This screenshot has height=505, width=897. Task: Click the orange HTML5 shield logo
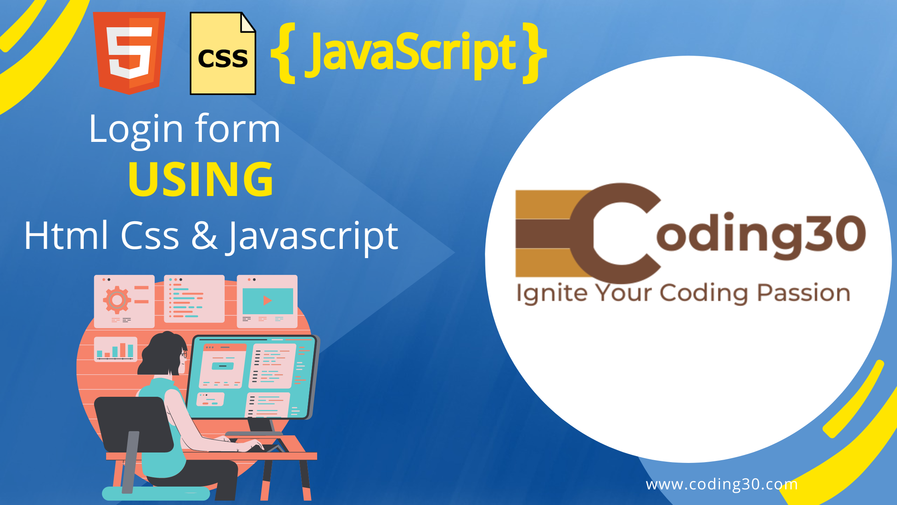(129, 53)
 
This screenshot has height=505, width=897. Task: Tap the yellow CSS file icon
(223, 53)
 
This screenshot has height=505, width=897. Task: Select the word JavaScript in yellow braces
(410, 54)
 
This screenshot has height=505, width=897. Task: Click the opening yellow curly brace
(284, 53)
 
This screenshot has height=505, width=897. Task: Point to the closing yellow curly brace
(535, 53)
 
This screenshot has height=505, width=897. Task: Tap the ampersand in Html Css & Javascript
(204, 236)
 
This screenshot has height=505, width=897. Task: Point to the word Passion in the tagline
(804, 293)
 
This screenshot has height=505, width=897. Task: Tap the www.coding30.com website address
(722, 484)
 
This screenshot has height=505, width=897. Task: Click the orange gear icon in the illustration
(117, 299)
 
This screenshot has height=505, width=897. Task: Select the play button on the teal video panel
(267, 300)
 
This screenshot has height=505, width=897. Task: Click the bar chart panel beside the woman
(116, 349)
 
